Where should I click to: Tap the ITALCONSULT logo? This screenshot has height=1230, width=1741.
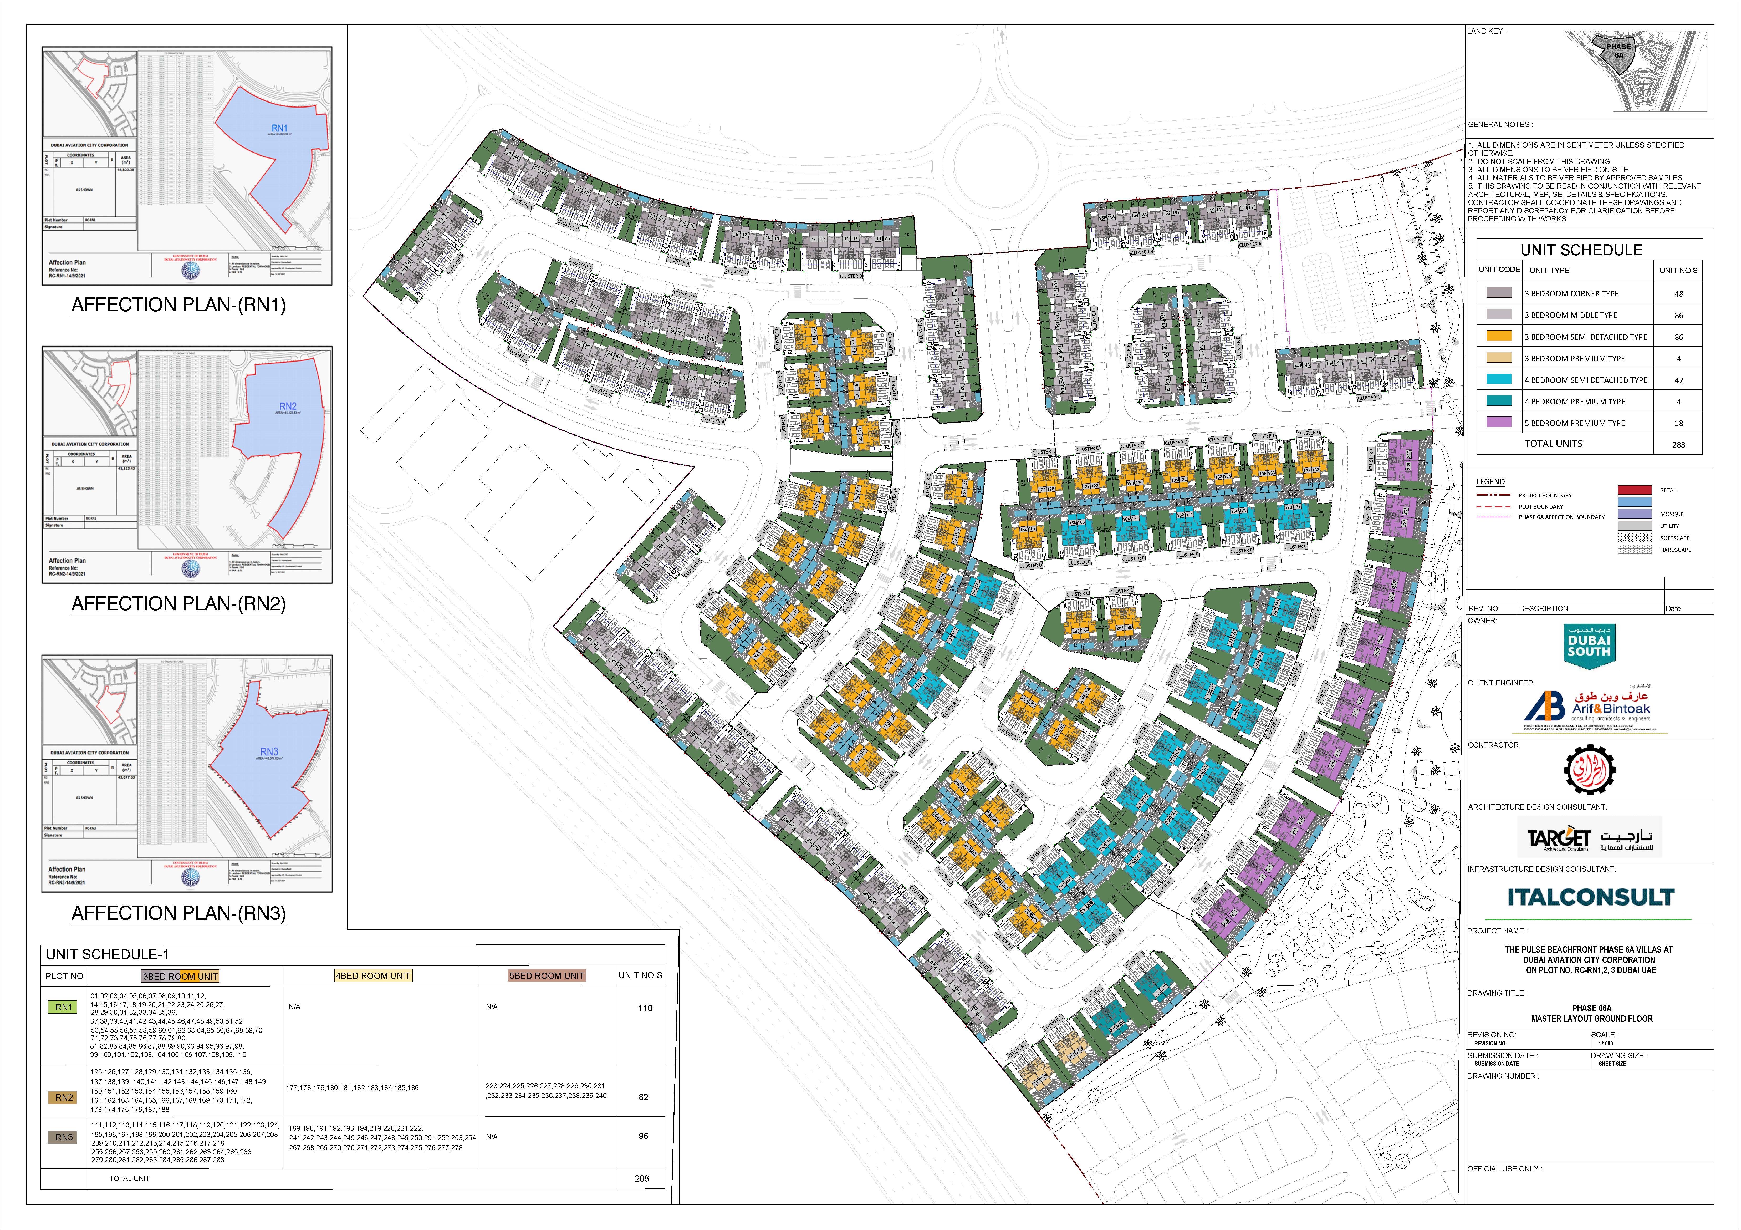coord(1590,897)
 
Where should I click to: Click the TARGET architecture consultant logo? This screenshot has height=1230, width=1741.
coord(1589,837)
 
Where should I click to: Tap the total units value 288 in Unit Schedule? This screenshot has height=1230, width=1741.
coord(1678,444)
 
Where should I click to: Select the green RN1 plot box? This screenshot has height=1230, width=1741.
coord(64,1007)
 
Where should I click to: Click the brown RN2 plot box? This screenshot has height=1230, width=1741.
coord(64,1097)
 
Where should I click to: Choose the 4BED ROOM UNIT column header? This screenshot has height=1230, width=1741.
coord(373,976)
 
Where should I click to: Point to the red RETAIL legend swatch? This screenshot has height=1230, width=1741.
coord(1634,490)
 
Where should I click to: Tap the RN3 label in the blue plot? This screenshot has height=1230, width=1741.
coord(269,751)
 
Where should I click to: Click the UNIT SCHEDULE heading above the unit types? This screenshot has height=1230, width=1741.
coord(1581,250)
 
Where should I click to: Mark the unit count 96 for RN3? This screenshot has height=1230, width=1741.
coord(643,1136)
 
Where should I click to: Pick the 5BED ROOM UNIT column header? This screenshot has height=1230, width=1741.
coord(547,976)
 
